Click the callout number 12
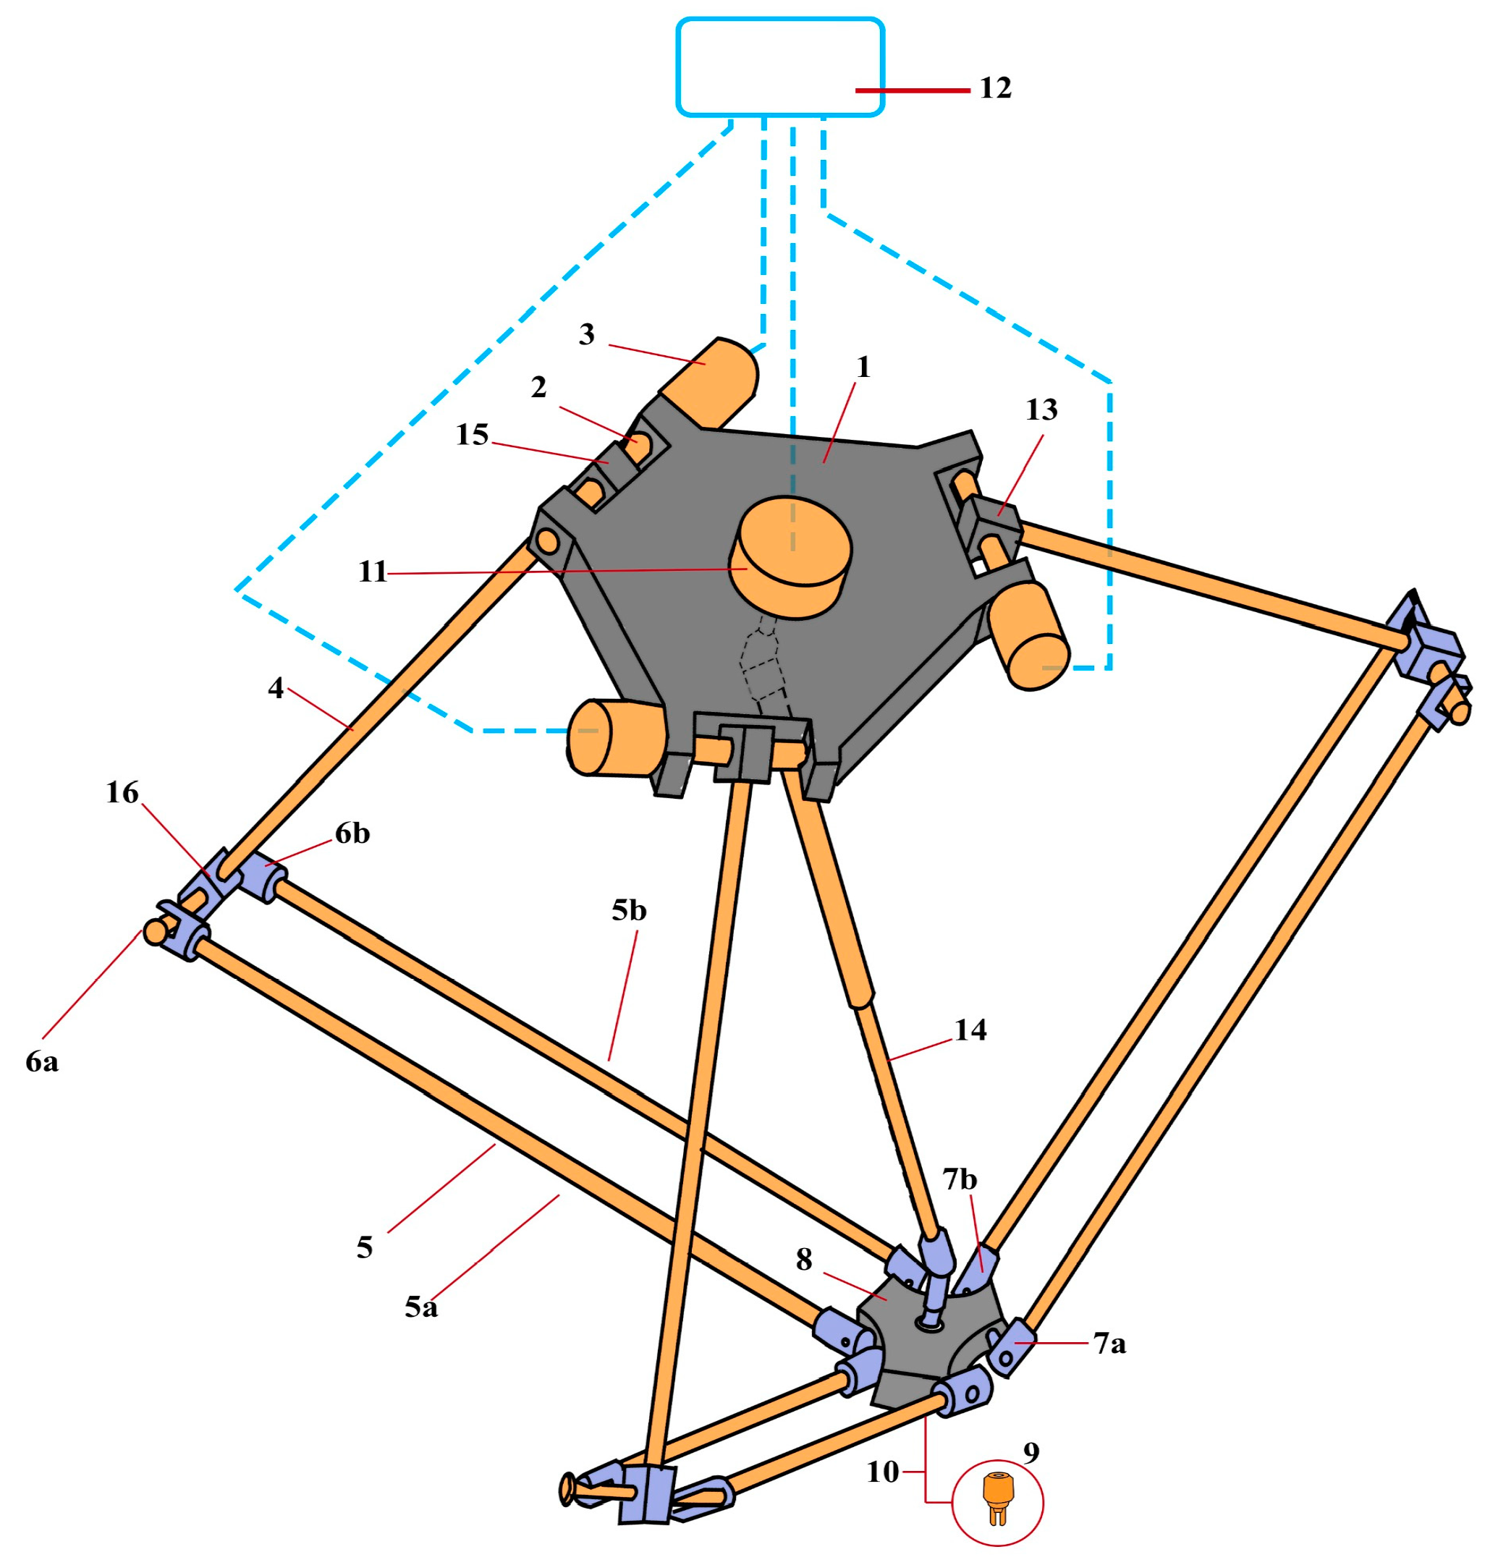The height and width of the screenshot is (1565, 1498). (x=995, y=88)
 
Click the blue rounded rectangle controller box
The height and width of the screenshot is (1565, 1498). (x=779, y=67)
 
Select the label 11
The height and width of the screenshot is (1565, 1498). (x=372, y=572)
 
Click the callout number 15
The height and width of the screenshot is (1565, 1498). (x=472, y=434)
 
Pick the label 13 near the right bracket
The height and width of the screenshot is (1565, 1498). (x=1041, y=410)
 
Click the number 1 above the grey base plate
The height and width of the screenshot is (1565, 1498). (x=863, y=367)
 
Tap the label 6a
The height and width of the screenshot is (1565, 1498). (x=42, y=1061)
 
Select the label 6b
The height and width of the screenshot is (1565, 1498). (x=352, y=833)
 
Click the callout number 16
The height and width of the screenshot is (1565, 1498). (x=122, y=792)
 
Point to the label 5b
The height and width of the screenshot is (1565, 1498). (x=628, y=910)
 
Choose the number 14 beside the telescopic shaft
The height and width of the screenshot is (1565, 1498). (x=970, y=1030)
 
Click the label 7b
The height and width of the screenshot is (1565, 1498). (x=960, y=1179)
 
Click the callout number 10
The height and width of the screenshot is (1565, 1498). (x=882, y=1472)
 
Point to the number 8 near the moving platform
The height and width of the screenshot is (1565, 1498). (x=804, y=1259)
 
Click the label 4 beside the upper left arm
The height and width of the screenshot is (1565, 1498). (x=276, y=687)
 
